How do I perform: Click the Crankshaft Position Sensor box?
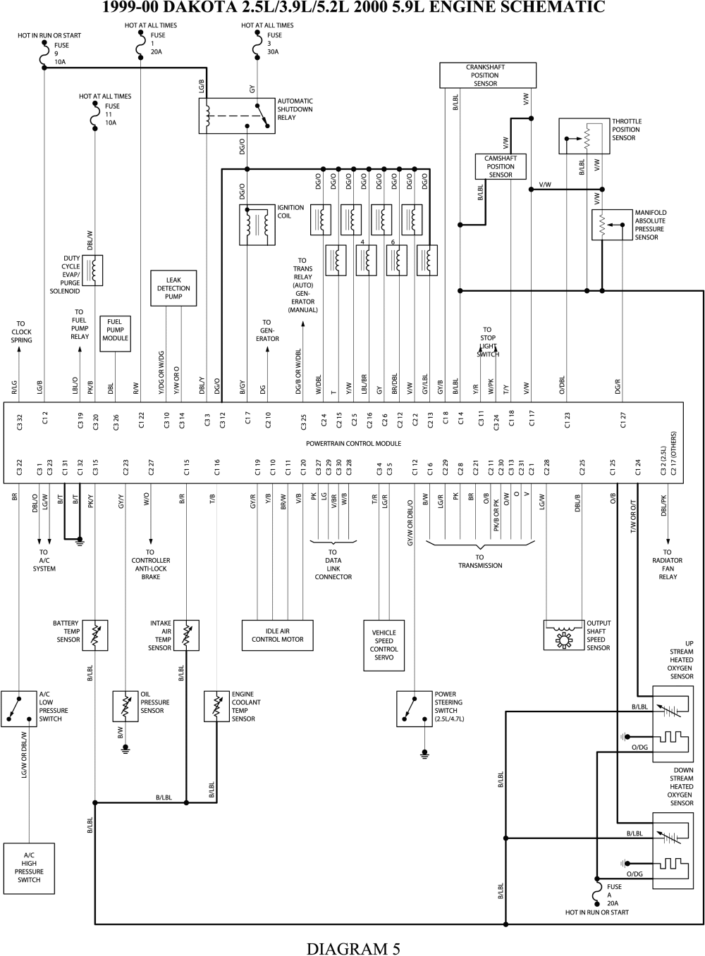[x=488, y=75]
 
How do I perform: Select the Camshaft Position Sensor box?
[x=501, y=166]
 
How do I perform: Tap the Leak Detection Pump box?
[x=173, y=288]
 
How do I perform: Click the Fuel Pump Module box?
[x=116, y=334]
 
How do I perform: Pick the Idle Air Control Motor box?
[x=278, y=635]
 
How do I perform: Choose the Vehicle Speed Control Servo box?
[x=384, y=645]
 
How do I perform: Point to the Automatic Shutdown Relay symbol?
[x=237, y=116]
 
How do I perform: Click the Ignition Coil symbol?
[x=257, y=225]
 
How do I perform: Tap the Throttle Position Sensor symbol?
[x=584, y=136]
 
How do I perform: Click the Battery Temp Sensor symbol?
[x=95, y=635]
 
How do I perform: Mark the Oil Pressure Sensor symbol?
[x=125, y=707]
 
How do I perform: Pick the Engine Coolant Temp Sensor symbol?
[x=217, y=707]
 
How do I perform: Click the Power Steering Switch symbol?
[x=415, y=709]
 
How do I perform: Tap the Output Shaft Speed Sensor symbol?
[x=564, y=635]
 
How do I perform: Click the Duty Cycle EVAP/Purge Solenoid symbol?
[x=92, y=271]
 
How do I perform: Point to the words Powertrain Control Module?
[x=354, y=443]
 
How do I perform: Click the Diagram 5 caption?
[x=354, y=948]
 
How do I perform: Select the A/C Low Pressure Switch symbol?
[x=19, y=709]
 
